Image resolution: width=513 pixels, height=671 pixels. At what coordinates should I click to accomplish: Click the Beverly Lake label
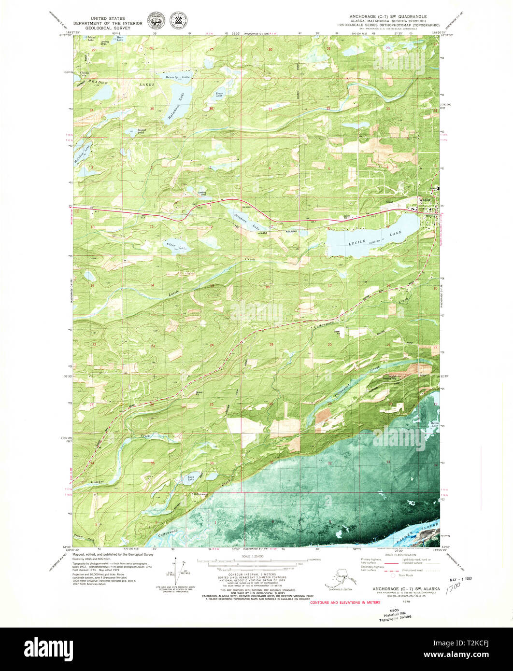(178, 77)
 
